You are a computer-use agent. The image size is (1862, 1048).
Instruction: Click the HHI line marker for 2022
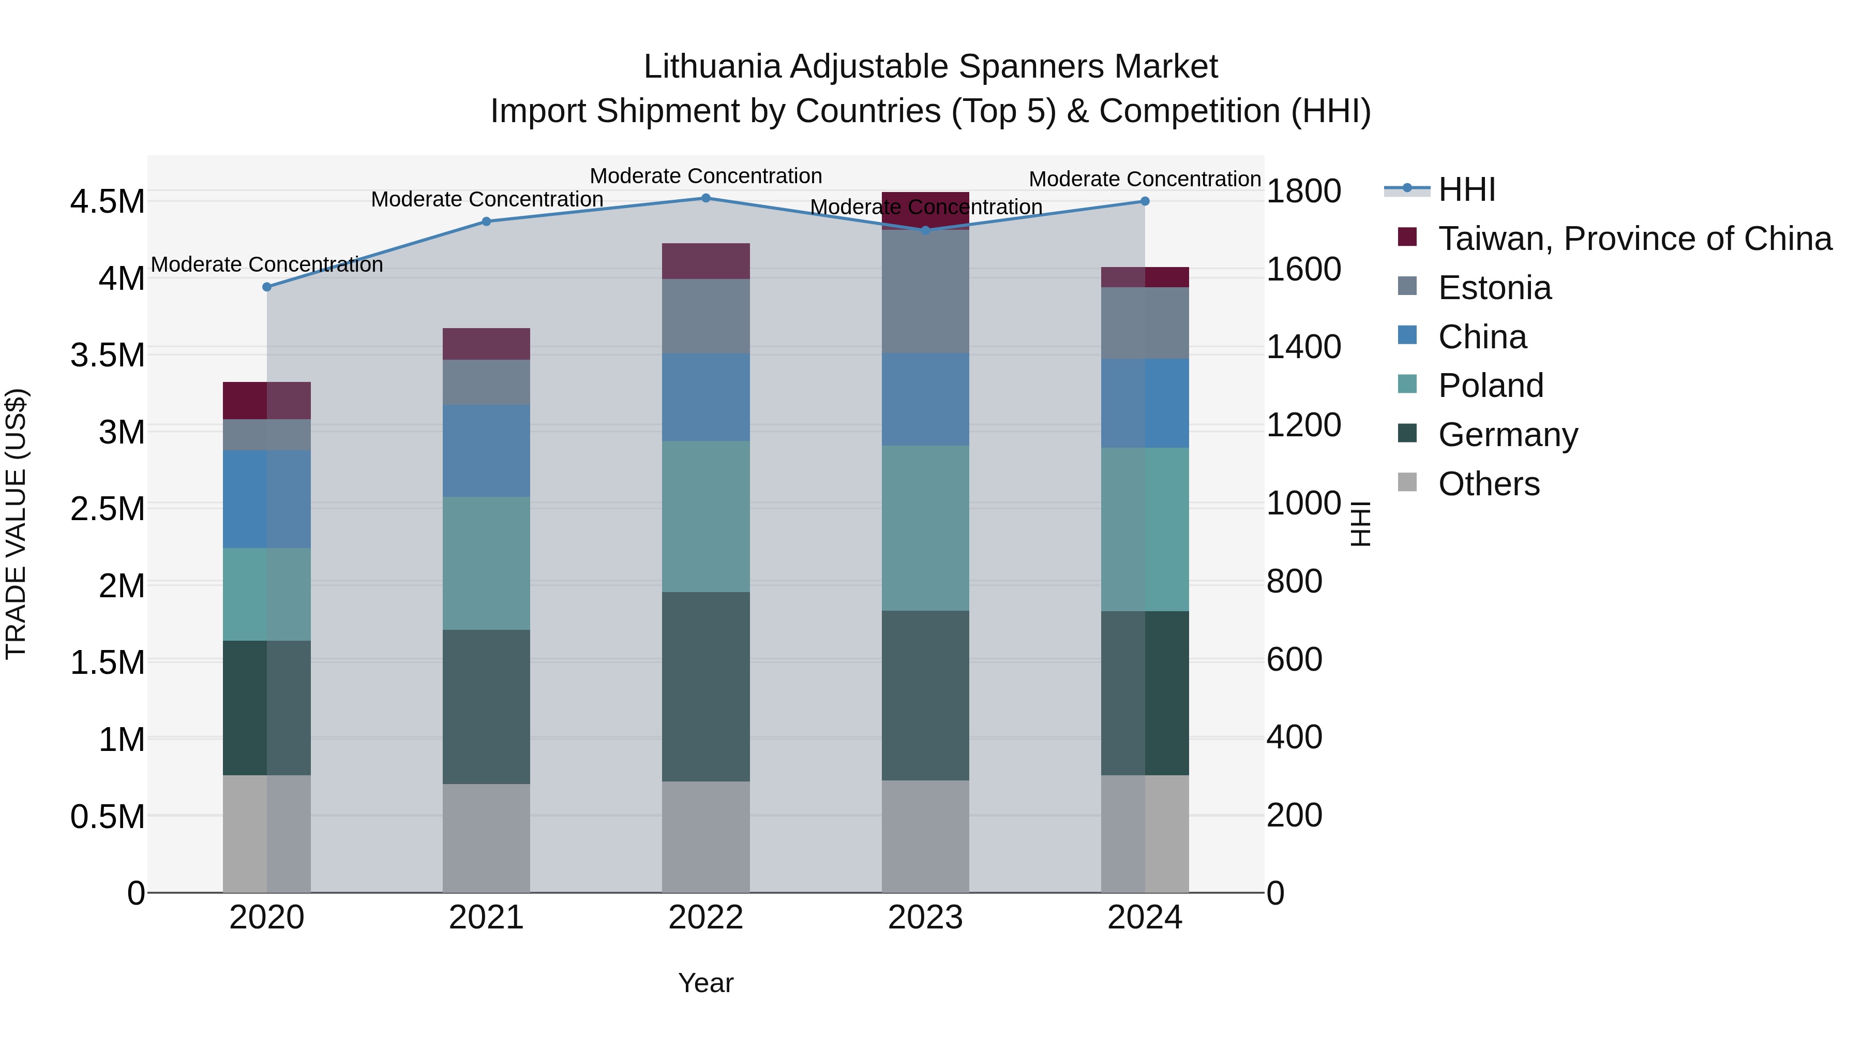(x=705, y=198)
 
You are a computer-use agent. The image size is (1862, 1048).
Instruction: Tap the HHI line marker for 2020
(x=267, y=287)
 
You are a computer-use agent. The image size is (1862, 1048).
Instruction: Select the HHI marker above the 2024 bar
(x=1145, y=201)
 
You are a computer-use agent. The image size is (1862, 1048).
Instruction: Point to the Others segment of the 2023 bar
(x=925, y=836)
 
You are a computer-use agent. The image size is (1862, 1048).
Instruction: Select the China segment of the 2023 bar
(x=925, y=399)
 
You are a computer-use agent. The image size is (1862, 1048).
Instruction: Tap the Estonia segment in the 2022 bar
(x=705, y=316)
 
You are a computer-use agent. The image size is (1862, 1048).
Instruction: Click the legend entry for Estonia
(x=1494, y=288)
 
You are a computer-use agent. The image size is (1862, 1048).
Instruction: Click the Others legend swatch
(x=1407, y=482)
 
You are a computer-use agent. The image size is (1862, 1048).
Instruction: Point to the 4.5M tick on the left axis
(x=107, y=202)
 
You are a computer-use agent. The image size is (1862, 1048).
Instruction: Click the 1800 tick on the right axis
(x=1303, y=191)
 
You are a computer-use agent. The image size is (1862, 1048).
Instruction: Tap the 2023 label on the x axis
(x=925, y=918)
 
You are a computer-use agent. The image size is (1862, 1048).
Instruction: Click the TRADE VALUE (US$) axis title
(x=17, y=524)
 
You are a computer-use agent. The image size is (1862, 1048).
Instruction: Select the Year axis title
(x=705, y=983)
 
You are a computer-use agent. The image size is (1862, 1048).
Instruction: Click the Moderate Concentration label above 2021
(x=487, y=200)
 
